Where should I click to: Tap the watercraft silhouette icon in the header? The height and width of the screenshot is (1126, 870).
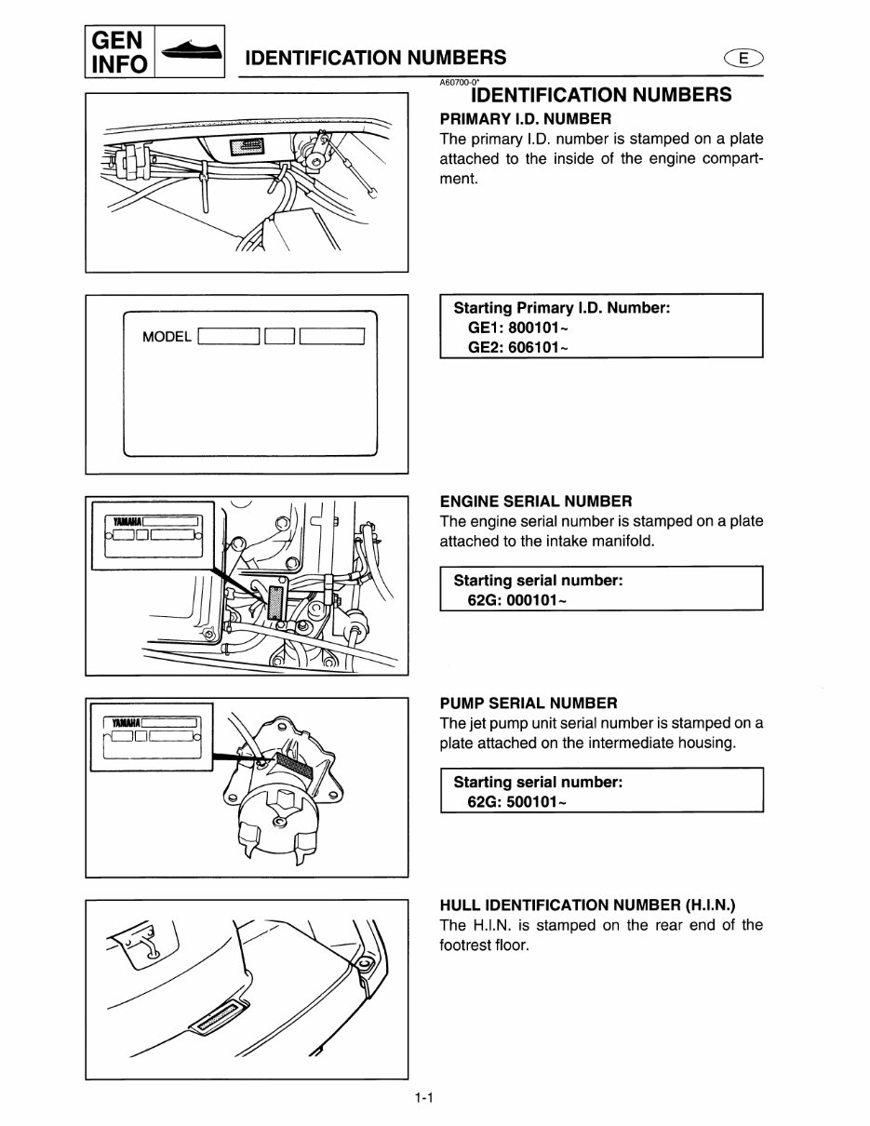(191, 52)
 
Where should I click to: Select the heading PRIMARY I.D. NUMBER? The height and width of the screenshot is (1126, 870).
(525, 118)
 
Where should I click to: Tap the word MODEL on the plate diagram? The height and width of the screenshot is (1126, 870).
(167, 337)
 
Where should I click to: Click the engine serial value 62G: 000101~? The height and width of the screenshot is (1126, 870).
(515, 599)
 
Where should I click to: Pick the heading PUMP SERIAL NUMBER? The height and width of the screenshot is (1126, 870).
(528, 703)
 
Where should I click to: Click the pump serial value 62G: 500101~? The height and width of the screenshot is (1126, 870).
(515, 801)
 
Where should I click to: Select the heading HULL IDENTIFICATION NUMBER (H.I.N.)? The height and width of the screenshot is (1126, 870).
(595, 905)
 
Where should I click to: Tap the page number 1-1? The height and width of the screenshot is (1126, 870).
(425, 1099)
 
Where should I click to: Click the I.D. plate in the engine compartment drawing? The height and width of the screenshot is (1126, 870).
(250, 146)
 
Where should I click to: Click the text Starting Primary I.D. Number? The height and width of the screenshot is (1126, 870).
(561, 308)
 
